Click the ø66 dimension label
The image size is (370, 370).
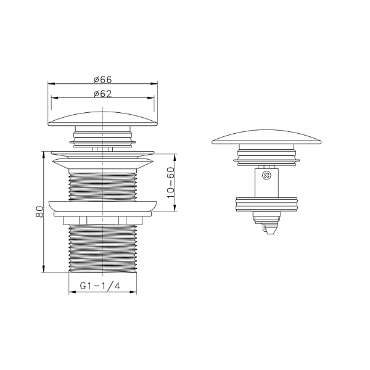102,80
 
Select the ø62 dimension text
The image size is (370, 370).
102,94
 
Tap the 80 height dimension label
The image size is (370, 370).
39,212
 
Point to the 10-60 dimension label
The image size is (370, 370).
170,183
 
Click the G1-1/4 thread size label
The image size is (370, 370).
100,286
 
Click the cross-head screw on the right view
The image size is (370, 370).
267,175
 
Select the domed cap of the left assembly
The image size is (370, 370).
102,118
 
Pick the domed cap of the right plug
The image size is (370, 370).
266,137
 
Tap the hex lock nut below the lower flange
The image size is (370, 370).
102,220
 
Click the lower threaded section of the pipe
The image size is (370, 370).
102,249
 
